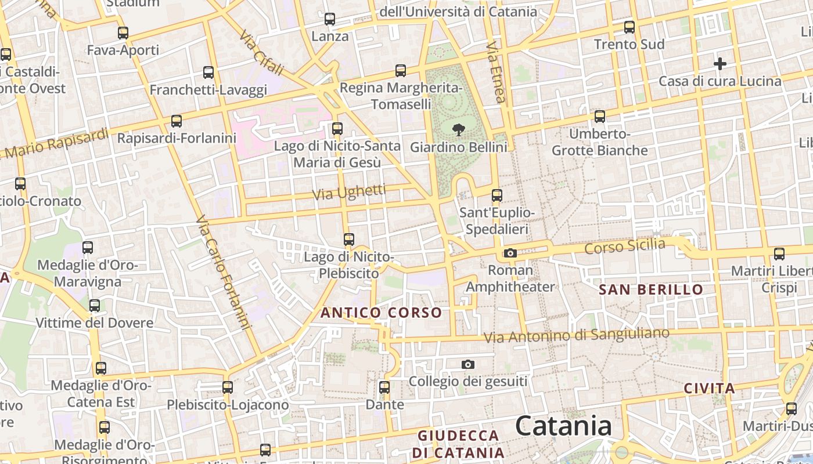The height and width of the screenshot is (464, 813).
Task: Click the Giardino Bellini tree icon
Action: click(x=458, y=129)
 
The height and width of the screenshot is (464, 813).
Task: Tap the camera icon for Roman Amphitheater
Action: click(x=510, y=253)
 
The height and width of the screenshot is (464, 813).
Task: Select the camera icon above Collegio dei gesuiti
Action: click(x=468, y=364)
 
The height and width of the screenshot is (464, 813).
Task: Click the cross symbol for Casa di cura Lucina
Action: click(x=720, y=64)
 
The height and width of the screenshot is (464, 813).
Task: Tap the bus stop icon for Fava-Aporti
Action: click(x=123, y=33)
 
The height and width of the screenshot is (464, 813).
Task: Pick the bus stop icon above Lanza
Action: click(x=330, y=19)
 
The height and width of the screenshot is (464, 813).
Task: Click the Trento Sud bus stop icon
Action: click(x=629, y=27)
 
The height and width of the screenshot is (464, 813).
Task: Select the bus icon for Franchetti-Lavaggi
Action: click(x=208, y=72)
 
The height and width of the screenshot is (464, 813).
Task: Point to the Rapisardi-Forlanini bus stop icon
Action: click(x=177, y=121)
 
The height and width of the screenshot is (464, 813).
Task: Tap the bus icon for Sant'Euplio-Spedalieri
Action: click(x=497, y=195)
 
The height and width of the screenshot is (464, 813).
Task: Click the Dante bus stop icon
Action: click(x=384, y=387)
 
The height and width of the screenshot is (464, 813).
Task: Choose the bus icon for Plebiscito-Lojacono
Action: click(x=228, y=387)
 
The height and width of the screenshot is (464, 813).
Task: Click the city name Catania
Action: click(x=563, y=426)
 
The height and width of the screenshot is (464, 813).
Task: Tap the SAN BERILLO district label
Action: click(x=650, y=289)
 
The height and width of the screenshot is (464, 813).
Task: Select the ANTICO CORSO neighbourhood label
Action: click(x=381, y=313)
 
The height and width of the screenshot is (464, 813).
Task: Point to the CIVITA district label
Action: click(x=709, y=389)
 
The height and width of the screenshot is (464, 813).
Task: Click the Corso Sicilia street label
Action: click(x=624, y=246)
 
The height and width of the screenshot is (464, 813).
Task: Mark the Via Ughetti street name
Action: click(x=349, y=193)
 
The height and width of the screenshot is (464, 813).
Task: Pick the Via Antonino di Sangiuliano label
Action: click(x=576, y=335)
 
